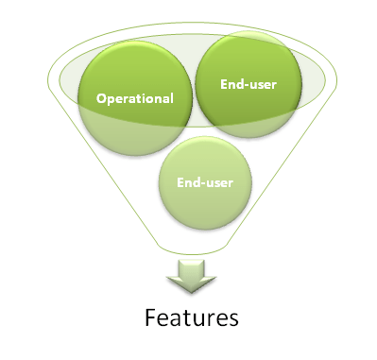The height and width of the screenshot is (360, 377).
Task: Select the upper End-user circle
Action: (x=249, y=80)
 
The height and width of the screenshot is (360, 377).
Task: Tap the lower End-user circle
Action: (x=209, y=179)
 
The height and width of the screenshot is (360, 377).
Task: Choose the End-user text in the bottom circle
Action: (x=209, y=180)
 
